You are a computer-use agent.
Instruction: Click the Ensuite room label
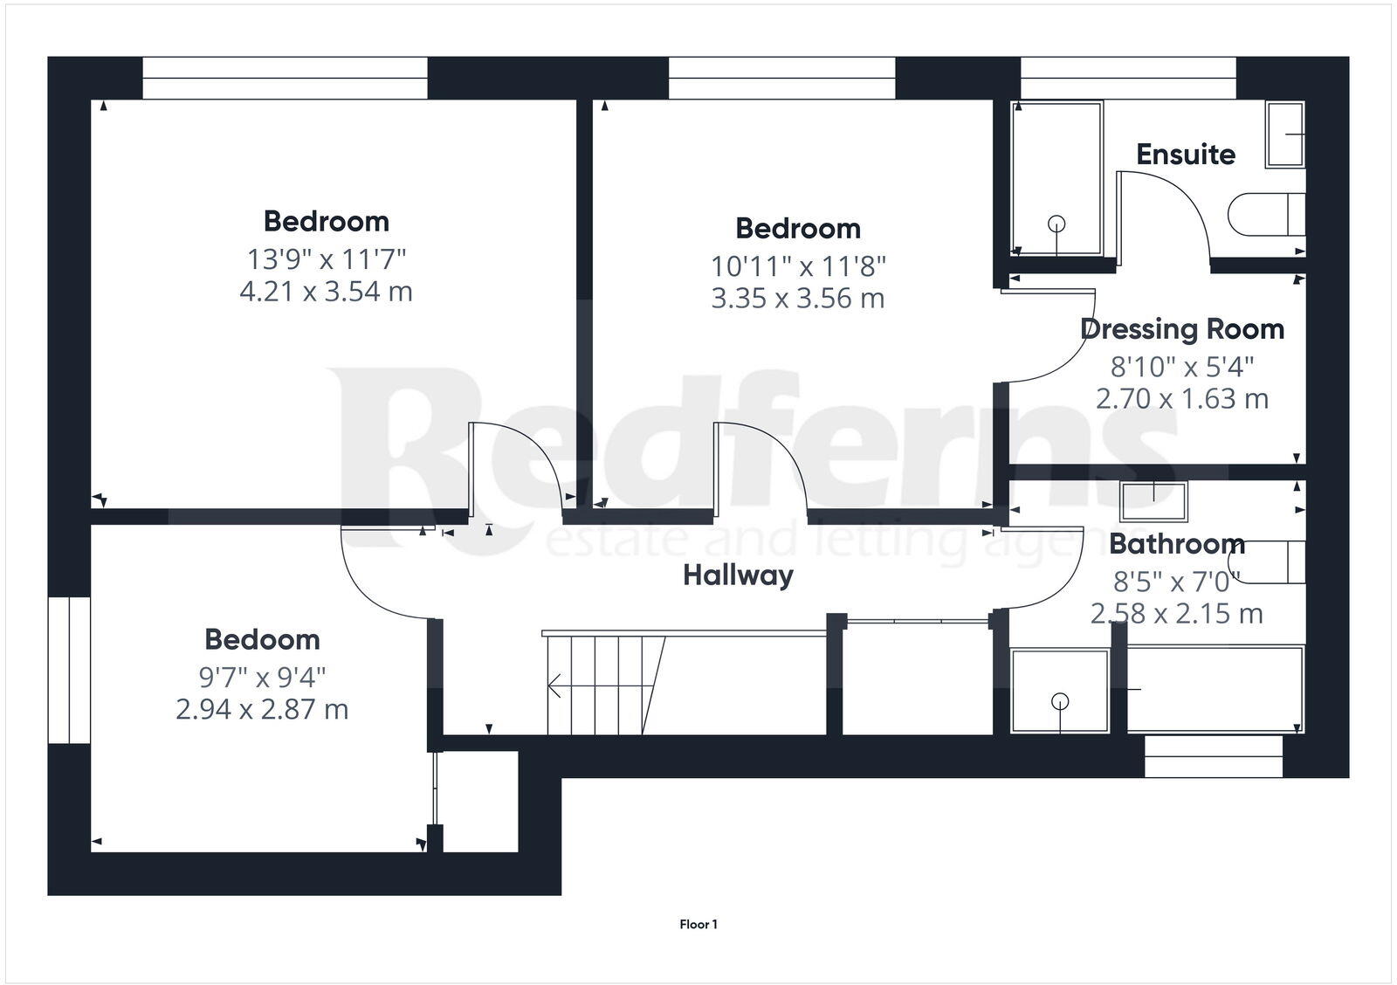(x=1185, y=155)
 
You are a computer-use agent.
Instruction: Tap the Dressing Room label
(x=1181, y=329)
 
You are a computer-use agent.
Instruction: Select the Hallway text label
(x=738, y=575)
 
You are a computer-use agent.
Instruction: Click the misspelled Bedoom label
(x=262, y=639)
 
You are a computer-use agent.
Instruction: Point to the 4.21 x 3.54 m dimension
(x=326, y=291)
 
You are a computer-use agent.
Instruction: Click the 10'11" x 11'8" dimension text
(x=798, y=265)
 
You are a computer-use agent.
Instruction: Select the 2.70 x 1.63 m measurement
(x=1181, y=399)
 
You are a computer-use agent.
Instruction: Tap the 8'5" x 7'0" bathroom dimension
(x=1176, y=581)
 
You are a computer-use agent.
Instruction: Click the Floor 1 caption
(x=698, y=924)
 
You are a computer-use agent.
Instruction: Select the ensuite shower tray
(x=1056, y=179)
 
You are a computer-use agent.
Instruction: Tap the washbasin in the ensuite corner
(x=1285, y=134)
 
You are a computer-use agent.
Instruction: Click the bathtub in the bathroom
(x=1215, y=689)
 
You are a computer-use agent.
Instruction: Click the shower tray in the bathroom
(x=1060, y=689)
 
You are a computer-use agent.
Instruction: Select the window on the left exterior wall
(x=69, y=670)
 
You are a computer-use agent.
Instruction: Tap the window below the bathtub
(x=1213, y=756)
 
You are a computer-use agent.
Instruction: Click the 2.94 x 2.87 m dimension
(x=262, y=709)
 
